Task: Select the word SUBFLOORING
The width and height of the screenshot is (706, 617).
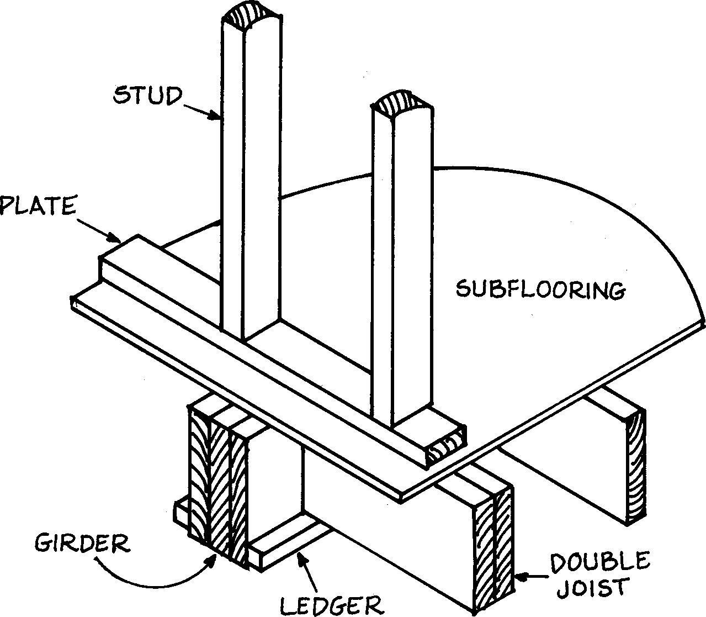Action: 540,289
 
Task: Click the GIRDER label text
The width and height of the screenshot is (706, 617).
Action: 83,543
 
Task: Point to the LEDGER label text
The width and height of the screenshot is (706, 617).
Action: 331,604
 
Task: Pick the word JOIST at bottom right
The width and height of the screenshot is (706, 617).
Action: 592,588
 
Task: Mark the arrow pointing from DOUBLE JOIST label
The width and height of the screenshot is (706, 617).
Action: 533,577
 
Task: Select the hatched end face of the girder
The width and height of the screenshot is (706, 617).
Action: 217,481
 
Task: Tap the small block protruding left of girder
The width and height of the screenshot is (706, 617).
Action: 181,511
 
